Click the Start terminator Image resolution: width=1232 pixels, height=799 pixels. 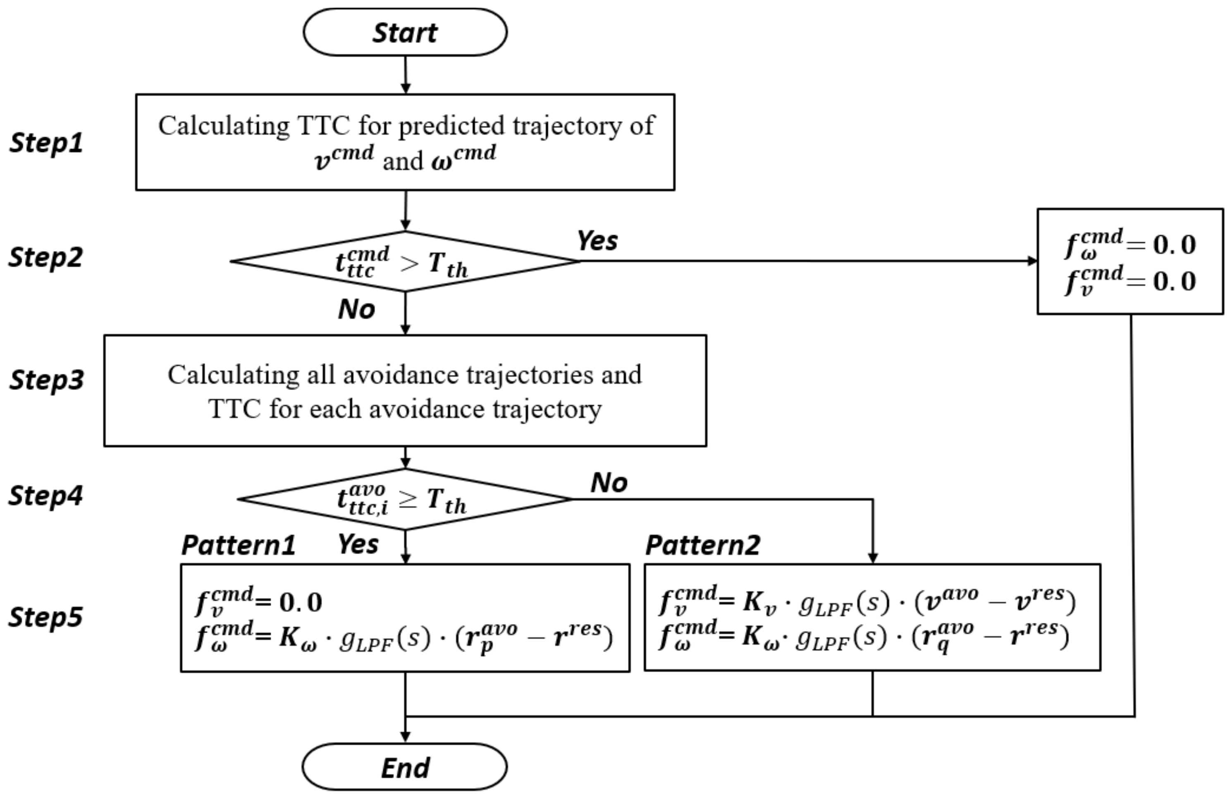[x=405, y=32]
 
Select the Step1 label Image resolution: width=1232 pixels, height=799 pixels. [x=46, y=142]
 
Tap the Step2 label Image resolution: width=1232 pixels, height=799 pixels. [x=45, y=257]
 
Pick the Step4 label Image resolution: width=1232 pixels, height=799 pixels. [x=45, y=495]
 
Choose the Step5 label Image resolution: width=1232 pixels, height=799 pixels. [x=45, y=617]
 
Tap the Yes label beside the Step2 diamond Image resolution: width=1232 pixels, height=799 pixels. [x=597, y=241]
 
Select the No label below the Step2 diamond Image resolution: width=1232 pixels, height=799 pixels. [x=356, y=309]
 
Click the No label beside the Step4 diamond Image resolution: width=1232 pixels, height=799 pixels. [x=609, y=483]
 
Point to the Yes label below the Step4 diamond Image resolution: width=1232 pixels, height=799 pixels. [x=358, y=544]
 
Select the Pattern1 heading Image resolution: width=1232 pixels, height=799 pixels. [x=238, y=545]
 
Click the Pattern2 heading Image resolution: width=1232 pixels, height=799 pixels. [x=702, y=545]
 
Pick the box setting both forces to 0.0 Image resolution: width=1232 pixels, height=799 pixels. [x=1130, y=261]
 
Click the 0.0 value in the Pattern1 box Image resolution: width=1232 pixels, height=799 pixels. [x=301, y=602]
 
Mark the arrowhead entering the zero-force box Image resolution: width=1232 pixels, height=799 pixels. [x=1032, y=261]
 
